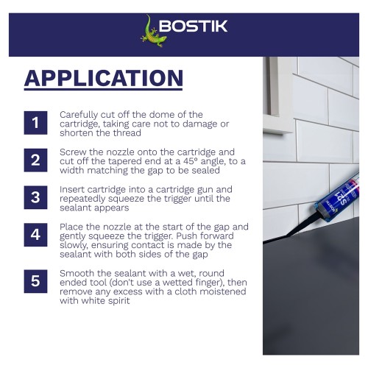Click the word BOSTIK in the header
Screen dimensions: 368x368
194,26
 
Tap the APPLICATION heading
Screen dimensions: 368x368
104,78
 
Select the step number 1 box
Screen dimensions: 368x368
35,123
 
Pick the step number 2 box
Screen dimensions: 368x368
35,160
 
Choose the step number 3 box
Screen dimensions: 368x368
35,197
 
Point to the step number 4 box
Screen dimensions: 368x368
35,235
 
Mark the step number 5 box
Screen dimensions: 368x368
35,281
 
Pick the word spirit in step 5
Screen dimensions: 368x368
117,301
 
